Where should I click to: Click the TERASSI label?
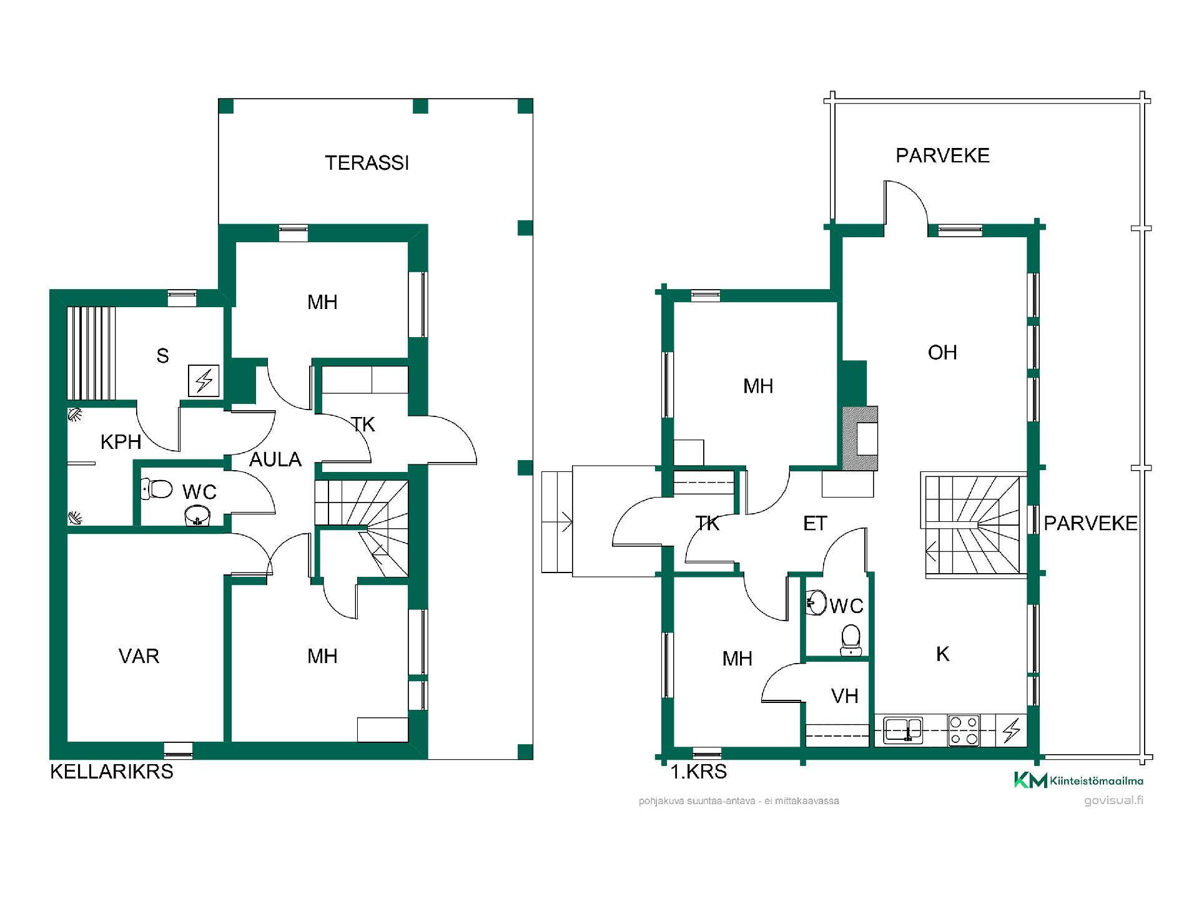coord(367,163)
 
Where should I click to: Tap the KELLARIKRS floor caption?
coord(112,771)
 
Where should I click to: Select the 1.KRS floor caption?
coord(699,772)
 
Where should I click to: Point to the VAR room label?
coord(139,656)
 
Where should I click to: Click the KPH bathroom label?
coord(121,442)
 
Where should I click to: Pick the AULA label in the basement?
coord(275,459)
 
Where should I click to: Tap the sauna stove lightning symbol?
coord(204,381)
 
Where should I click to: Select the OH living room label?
coord(942,353)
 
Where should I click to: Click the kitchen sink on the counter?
coord(902,730)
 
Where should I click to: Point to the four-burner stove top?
coord(964,730)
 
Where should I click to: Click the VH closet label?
coord(845,696)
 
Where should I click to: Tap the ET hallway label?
coord(815,523)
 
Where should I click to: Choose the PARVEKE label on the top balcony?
coord(942,155)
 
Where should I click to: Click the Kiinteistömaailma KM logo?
coord(1078,780)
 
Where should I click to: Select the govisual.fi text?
coord(1114,801)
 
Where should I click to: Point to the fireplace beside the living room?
coord(861,438)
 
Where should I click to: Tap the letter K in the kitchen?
coord(943,654)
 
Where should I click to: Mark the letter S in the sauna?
coord(162,356)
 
